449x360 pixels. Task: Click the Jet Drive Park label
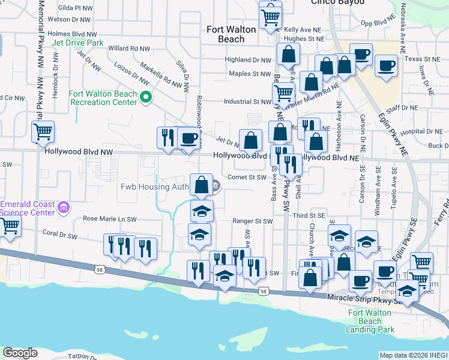(77, 43)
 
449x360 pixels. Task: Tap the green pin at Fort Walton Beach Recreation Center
(145, 97)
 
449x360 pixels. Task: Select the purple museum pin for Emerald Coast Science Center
(64, 208)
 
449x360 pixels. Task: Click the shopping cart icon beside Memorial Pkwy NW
(43, 131)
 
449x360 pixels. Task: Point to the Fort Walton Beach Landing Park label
(371, 321)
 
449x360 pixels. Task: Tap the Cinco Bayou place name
(337, 2)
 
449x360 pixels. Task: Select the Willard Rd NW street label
(128, 48)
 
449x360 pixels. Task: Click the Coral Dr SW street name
(60, 232)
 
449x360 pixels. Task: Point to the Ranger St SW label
(253, 221)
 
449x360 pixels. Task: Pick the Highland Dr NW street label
(248, 60)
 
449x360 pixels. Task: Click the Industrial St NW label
(247, 102)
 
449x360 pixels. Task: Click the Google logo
(20, 353)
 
